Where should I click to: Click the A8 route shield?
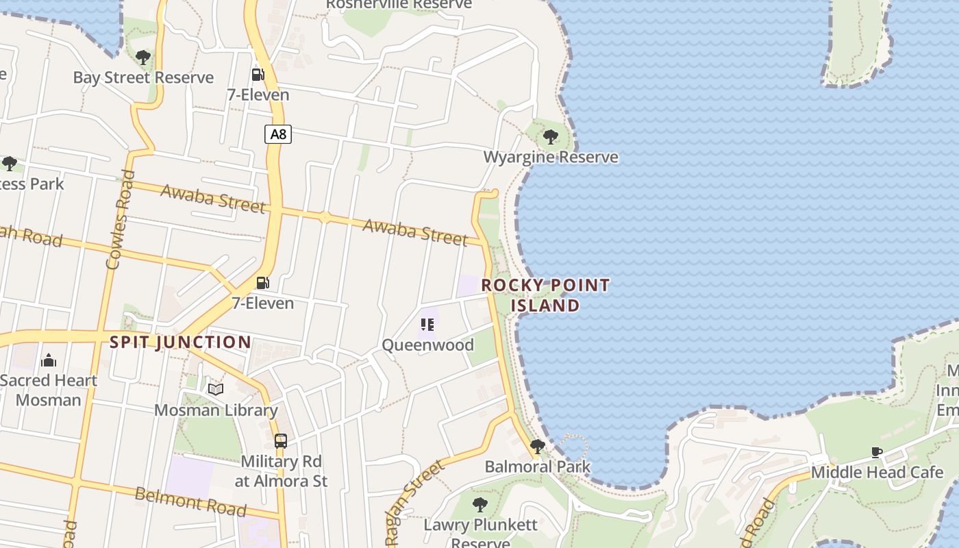[278, 134]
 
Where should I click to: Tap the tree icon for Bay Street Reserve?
[143, 58]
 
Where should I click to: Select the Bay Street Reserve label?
[143, 77]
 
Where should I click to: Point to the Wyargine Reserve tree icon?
[550, 137]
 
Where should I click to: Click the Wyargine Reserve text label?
[551, 157]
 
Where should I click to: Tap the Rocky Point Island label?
[545, 295]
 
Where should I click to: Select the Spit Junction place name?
[181, 342]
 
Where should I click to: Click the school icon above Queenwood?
[428, 324]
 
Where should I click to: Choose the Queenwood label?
[427, 345]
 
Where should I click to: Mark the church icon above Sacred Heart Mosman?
[49, 360]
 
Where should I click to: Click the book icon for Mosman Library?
[216, 390]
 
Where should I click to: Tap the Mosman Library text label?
[216, 410]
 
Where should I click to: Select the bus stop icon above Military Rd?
[281, 440]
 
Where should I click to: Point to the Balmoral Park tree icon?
[538, 447]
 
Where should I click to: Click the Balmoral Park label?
[538, 467]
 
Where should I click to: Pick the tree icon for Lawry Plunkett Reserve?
[480, 506]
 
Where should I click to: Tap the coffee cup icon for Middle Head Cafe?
[877, 452]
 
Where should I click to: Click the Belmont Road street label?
[190, 501]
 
